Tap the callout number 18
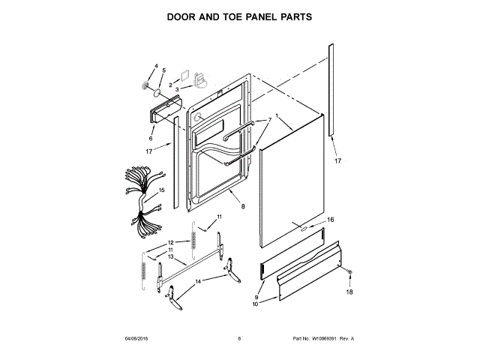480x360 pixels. pos(348,292)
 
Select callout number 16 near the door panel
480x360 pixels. pos(330,220)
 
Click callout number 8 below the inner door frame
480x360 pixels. pos(242,205)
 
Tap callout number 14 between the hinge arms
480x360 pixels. pos(198,281)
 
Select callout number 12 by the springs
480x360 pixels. pos(171,242)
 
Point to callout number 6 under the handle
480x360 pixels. pos(151,138)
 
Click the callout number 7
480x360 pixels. pos(270,120)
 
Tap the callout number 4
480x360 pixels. pos(157,67)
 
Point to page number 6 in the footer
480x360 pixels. pos(239,339)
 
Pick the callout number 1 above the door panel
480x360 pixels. pos(277,116)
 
